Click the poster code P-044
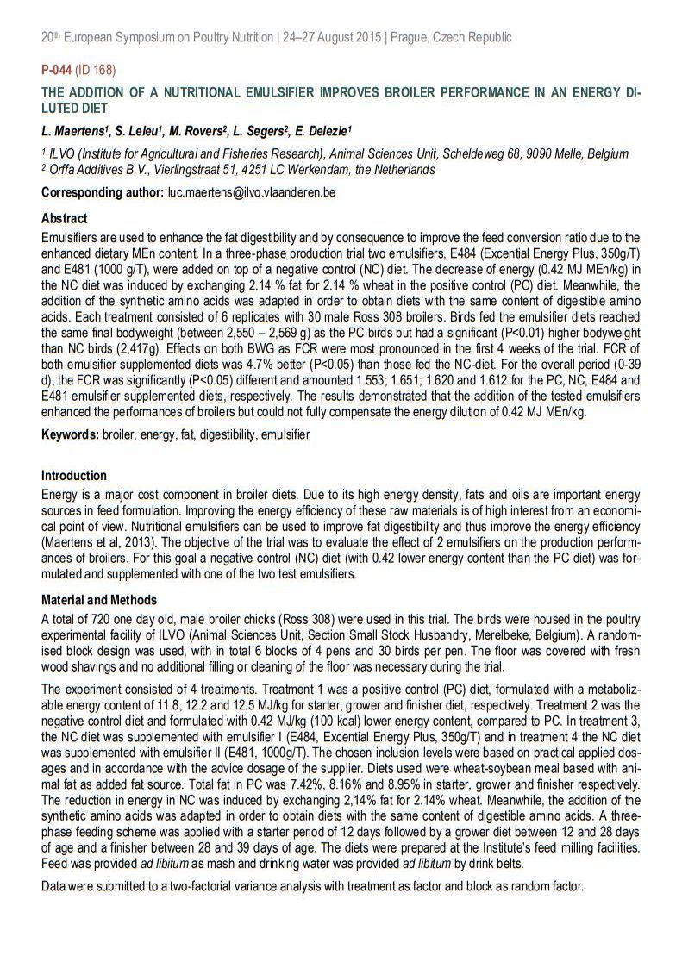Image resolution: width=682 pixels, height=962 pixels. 57,68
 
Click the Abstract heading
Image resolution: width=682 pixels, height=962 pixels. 65,219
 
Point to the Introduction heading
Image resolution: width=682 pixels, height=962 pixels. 74,475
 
